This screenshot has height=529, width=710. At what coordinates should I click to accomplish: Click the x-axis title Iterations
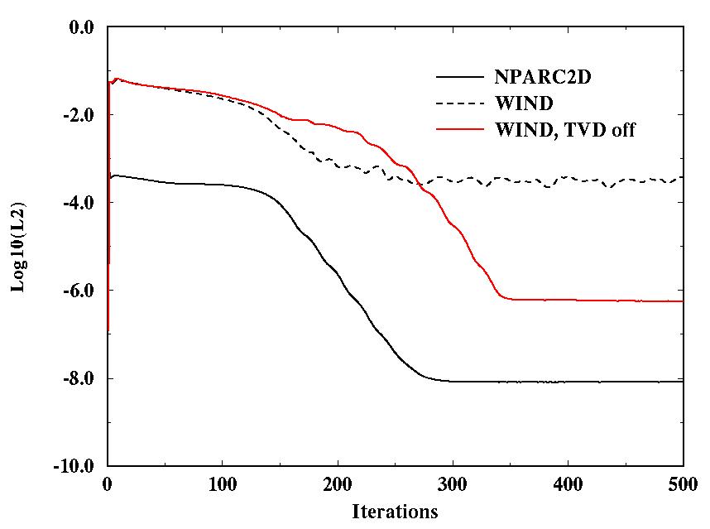(395, 511)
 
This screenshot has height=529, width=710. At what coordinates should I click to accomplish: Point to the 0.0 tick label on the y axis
(84, 27)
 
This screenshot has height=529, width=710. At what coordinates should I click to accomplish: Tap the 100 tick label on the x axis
(223, 483)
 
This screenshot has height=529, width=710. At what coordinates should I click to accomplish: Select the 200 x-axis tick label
(338, 483)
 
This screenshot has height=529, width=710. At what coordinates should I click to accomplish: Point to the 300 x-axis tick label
(453, 483)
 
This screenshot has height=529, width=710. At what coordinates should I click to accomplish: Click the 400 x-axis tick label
(568, 483)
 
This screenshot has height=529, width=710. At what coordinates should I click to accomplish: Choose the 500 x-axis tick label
(683, 483)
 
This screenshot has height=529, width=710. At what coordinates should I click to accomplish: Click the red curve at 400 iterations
(568, 300)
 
